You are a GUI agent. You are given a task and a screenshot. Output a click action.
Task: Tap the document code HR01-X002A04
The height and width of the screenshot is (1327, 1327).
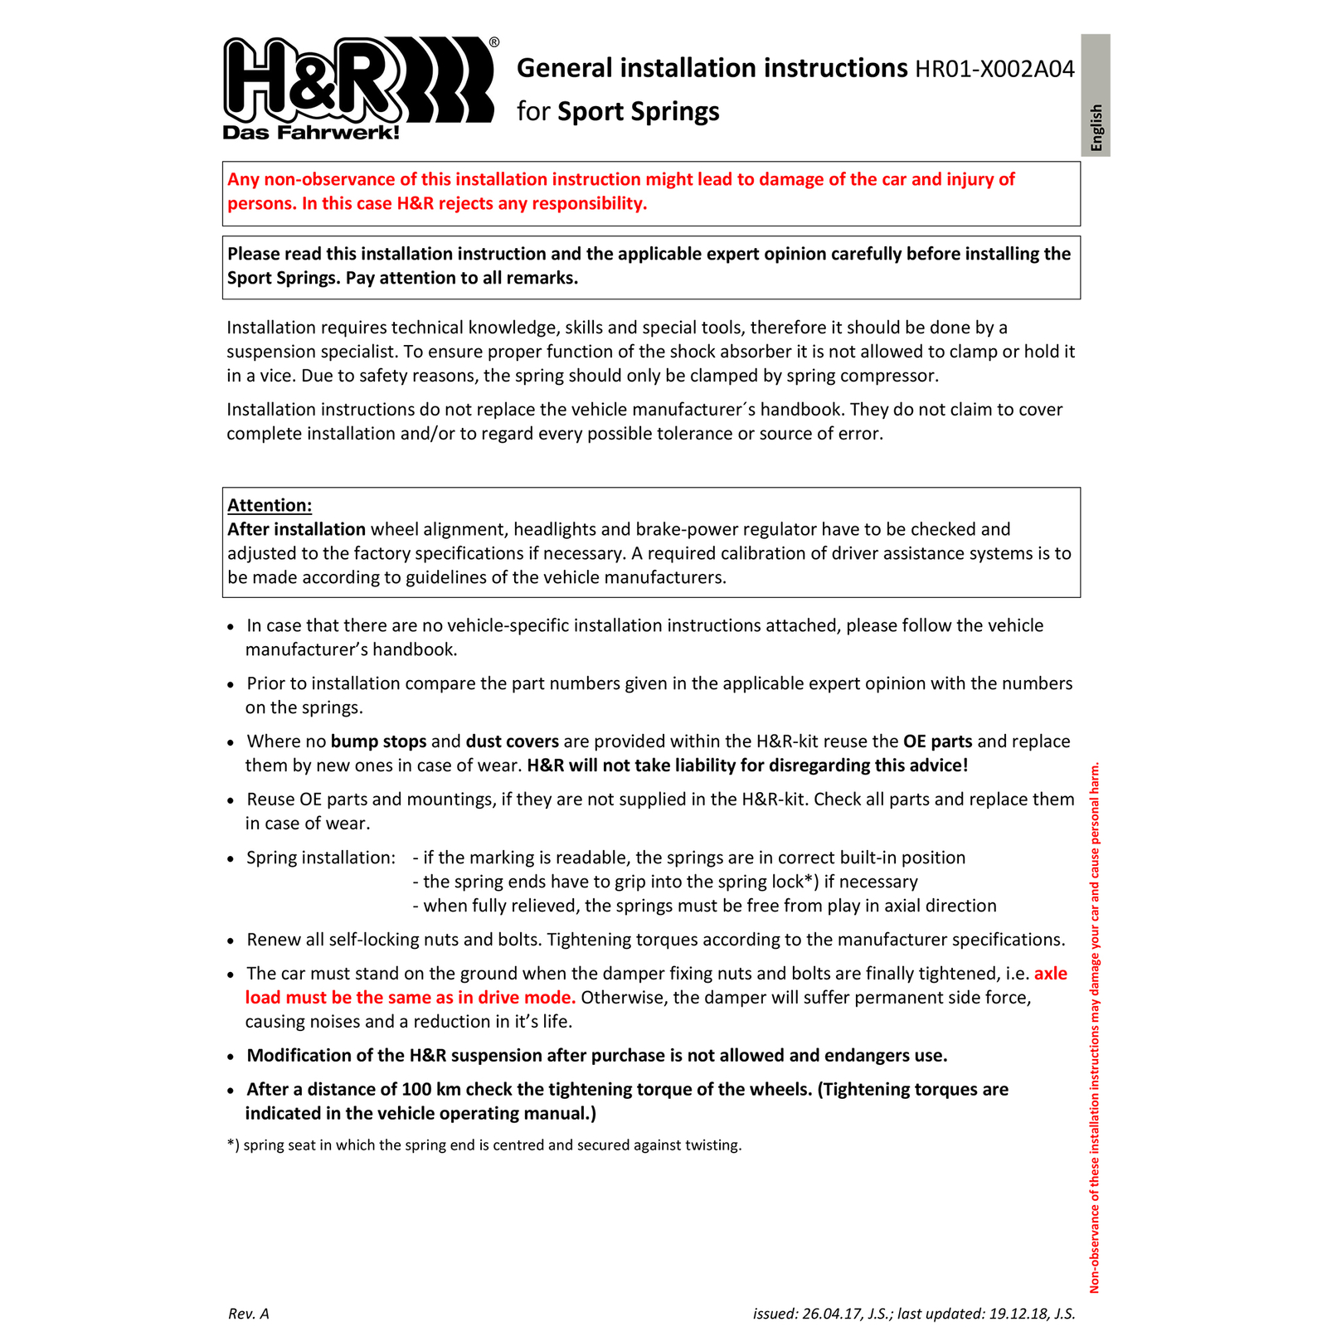coord(994,69)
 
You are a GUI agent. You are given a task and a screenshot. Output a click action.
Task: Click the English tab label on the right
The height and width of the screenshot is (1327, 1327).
coord(1096,127)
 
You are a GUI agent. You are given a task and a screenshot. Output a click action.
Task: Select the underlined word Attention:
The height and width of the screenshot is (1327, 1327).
coord(270,505)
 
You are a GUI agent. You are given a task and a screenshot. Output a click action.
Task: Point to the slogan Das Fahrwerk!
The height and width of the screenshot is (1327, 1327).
coord(311,133)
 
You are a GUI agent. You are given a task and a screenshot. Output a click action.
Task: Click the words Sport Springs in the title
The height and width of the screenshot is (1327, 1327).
coord(639,112)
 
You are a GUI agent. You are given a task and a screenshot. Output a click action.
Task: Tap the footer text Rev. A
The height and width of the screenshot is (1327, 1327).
coord(249,1314)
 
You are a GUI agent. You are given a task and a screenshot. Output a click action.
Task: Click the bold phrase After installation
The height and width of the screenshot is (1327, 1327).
coord(296,529)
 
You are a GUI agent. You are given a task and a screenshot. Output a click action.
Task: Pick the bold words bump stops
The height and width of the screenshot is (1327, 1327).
coord(378,741)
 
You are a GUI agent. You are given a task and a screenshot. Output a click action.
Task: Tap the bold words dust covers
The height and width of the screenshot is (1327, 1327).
coord(512,741)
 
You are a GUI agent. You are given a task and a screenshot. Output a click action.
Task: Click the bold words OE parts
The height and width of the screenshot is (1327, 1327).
coord(937,741)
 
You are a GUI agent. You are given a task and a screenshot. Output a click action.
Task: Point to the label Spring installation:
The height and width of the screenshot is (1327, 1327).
coord(321,858)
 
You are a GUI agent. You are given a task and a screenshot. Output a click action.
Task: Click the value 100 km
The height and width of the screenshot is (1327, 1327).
coord(430,1089)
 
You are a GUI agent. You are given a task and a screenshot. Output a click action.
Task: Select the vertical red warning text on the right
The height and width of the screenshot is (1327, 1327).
coord(1095,1028)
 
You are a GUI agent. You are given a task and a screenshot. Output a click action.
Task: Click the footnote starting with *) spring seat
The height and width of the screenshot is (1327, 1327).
coord(484,1145)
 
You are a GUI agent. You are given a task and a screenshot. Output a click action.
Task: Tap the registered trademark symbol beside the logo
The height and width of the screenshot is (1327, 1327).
coord(494,42)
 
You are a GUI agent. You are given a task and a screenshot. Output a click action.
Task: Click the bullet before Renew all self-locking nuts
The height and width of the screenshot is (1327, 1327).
coord(231,941)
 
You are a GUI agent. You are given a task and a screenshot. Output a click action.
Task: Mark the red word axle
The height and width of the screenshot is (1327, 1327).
coord(1051,974)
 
